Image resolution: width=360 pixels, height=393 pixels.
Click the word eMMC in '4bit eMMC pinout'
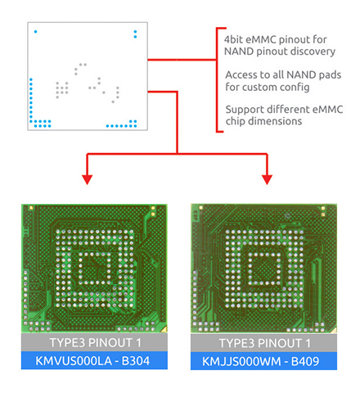[261, 39]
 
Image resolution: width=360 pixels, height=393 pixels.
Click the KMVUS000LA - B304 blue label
[94, 360]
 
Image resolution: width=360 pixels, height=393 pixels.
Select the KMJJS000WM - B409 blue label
[263, 361]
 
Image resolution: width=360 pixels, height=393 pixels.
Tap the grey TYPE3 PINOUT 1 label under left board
[94, 342]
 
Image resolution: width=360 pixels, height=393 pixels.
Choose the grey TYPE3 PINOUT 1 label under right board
[263, 343]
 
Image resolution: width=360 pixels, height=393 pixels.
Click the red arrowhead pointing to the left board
[87, 179]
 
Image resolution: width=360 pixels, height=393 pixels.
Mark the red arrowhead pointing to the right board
[267, 179]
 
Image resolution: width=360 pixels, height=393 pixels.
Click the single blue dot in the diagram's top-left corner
[35, 32]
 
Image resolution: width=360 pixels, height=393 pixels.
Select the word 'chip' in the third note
[236, 121]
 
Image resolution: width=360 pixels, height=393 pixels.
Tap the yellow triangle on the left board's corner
[164, 329]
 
